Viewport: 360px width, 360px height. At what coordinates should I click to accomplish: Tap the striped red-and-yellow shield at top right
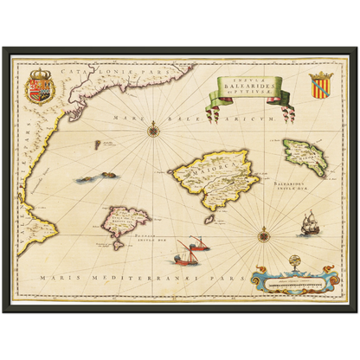319,85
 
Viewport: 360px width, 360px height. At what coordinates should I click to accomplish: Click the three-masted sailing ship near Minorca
310,227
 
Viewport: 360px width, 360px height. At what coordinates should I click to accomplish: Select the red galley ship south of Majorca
186,256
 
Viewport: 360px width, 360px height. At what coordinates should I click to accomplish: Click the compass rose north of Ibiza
154,132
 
